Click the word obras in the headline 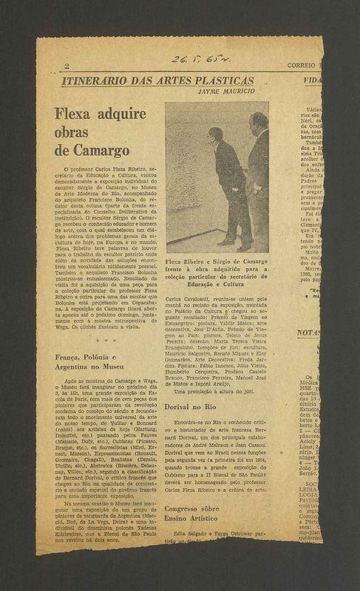72,133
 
